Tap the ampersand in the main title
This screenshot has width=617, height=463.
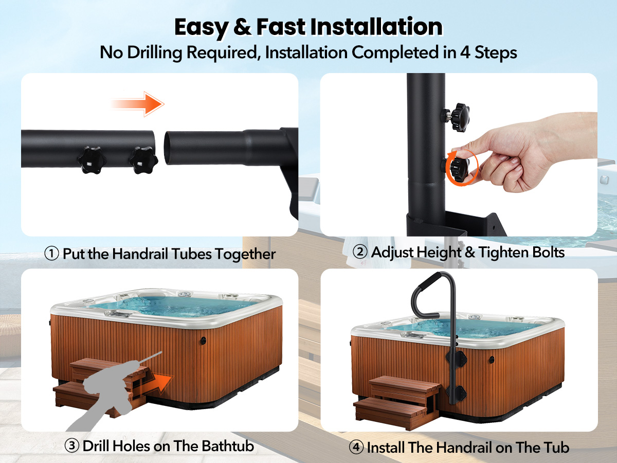click(242, 27)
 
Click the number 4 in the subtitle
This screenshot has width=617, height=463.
click(465, 52)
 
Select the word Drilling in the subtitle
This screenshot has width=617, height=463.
click(155, 53)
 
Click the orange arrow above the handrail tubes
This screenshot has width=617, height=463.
click(137, 104)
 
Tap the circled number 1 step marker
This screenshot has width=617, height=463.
click(52, 253)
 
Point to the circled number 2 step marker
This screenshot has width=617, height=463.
click(360, 252)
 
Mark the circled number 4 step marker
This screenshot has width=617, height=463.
click(356, 447)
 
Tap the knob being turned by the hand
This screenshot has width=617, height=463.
click(460, 168)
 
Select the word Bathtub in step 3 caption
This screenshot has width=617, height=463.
click(228, 446)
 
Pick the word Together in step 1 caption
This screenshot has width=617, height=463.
click(245, 254)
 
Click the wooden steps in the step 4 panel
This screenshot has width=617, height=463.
click(397, 402)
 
